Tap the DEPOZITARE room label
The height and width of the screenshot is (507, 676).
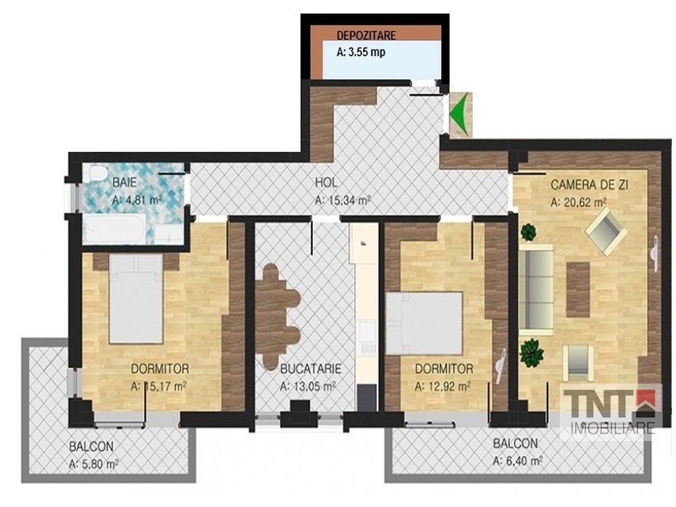[x=366, y=35]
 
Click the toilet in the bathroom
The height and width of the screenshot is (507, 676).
[x=96, y=174]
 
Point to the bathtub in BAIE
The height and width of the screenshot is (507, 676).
[x=114, y=230]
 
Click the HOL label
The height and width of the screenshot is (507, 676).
[x=326, y=182]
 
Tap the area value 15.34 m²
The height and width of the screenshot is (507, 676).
[x=350, y=201]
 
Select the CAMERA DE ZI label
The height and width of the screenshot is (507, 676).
[x=590, y=185]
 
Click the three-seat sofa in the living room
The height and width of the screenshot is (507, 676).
[x=536, y=290]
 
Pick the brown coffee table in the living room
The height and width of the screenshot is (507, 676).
[x=578, y=289]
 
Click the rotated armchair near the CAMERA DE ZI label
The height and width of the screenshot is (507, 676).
[x=606, y=231]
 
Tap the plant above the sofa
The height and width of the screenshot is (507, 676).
[x=528, y=233]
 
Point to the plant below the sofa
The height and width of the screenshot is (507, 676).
[x=531, y=353]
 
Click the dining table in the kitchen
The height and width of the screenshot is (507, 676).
[x=277, y=316]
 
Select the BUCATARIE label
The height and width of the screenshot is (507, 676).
[x=310, y=369]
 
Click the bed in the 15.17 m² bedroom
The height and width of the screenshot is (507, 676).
[x=136, y=298]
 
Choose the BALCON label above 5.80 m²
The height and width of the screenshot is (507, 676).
[x=91, y=447]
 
